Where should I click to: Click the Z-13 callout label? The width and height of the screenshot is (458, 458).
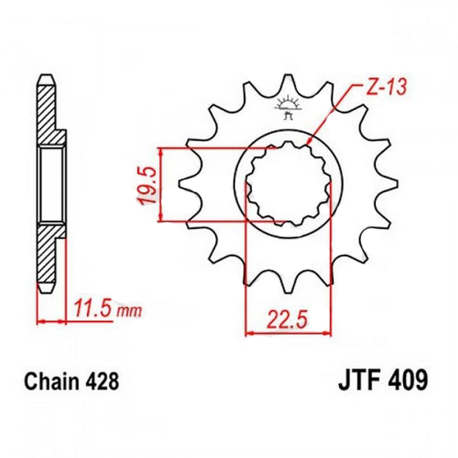click(x=386, y=87)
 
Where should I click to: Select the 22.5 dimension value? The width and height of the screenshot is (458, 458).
click(x=287, y=319)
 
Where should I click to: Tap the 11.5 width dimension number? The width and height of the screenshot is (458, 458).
click(x=93, y=309)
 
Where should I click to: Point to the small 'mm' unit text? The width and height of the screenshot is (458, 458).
click(x=129, y=311)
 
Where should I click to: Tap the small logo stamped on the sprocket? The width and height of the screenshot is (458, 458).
click(x=289, y=106)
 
